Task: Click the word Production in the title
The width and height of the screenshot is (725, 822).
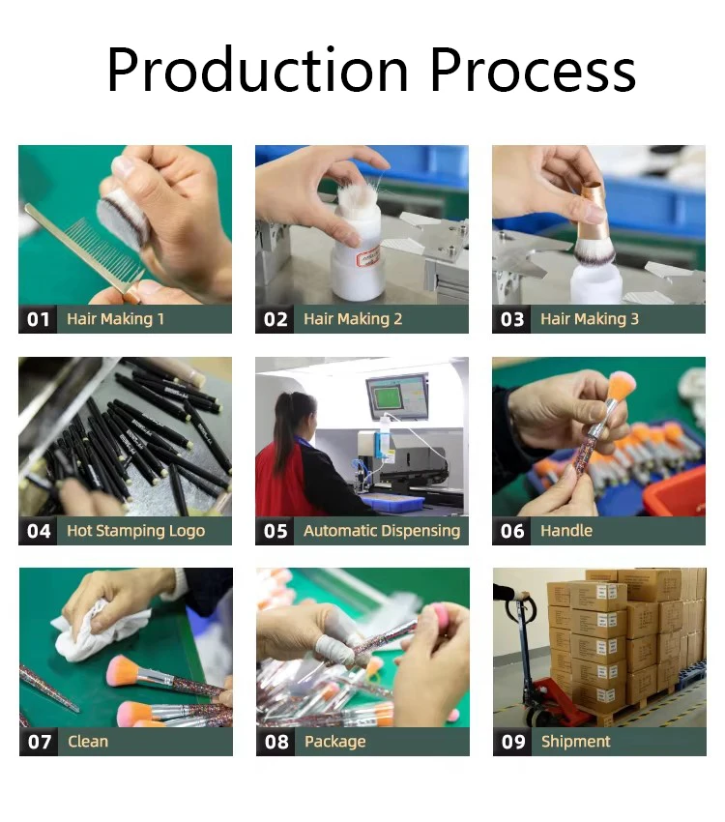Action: pyautogui.click(x=257, y=70)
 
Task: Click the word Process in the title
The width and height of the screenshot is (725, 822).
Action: pyautogui.click(x=533, y=70)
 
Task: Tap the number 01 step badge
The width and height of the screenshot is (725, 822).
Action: pyautogui.click(x=39, y=319)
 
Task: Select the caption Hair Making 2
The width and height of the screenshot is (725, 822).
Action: pyautogui.click(x=353, y=319)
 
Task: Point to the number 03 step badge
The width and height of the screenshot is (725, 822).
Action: pyautogui.click(x=511, y=319)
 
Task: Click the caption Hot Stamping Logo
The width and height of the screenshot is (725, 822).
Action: pyautogui.click(x=135, y=531)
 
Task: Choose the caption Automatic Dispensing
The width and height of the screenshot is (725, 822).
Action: pyautogui.click(x=382, y=531)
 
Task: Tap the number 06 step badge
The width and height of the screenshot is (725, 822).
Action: pyautogui.click(x=511, y=531)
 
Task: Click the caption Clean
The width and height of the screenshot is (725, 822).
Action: pyautogui.click(x=87, y=742)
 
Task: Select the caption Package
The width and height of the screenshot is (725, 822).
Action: pyautogui.click(x=334, y=742)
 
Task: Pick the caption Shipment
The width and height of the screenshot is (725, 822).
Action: pyautogui.click(x=576, y=742)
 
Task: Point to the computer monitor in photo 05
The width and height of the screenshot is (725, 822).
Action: pyautogui.click(x=396, y=396)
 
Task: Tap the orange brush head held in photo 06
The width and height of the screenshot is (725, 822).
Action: pyautogui.click(x=622, y=385)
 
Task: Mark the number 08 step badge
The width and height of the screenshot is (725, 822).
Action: pyautogui.click(x=276, y=742)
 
